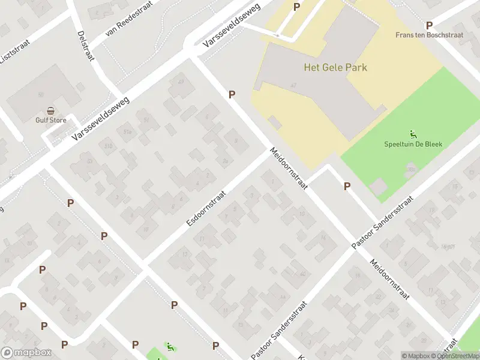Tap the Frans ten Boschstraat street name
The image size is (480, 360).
[x=429, y=35]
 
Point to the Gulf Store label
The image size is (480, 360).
[x=50, y=120]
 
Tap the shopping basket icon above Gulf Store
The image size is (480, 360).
[x=51, y=110]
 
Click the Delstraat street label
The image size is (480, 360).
[x=86, y=45]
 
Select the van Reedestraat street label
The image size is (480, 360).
[x=128, y=19]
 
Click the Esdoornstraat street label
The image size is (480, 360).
[x=206, y=208]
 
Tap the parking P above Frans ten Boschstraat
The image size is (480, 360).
[x=429, y=25]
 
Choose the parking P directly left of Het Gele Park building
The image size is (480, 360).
[x=232, y=94]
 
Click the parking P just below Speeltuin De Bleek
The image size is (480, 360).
[x=347, y=187]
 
